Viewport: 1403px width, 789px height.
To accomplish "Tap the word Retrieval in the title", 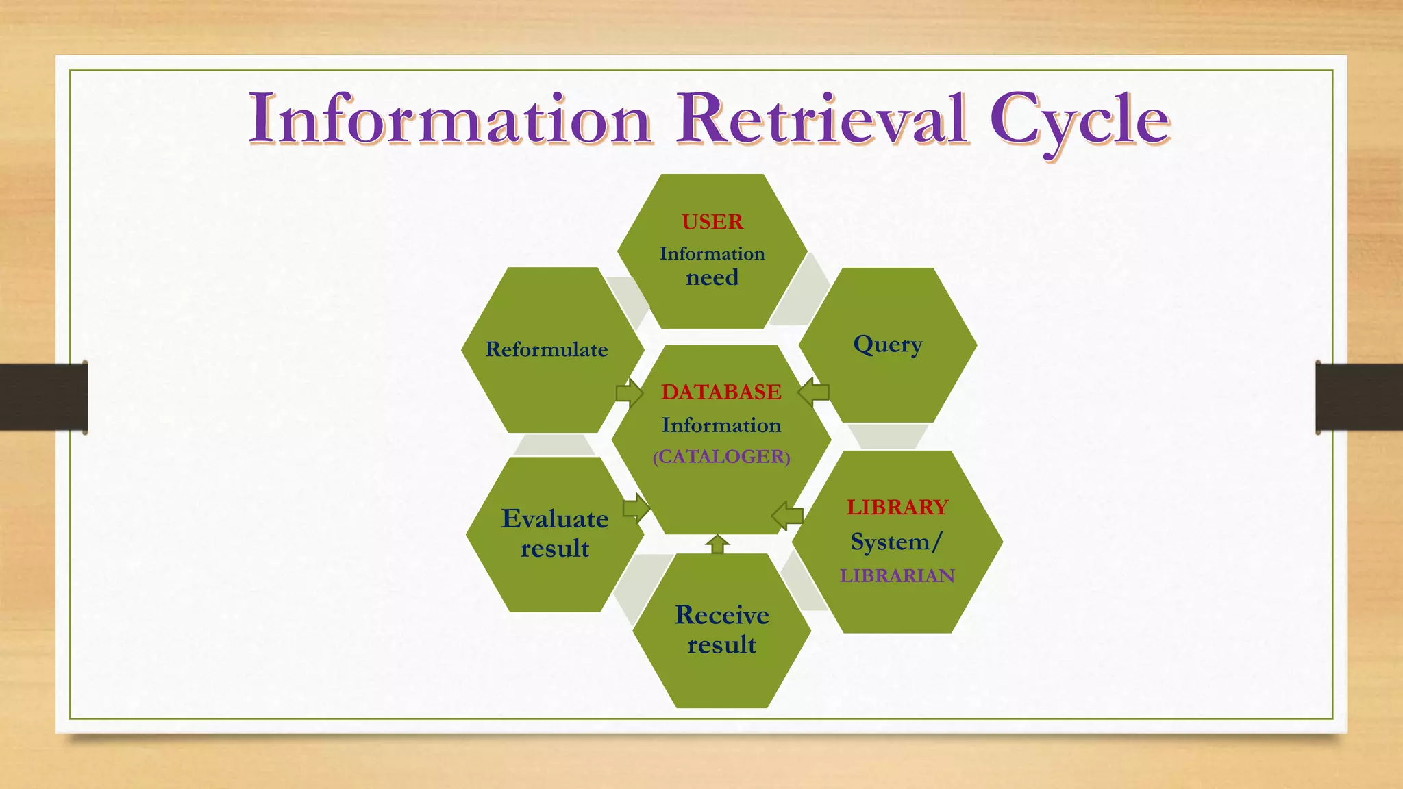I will [x=822, y=120].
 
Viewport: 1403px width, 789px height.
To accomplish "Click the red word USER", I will [x=712, y=222].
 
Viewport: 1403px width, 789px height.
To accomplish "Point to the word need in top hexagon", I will [x=712, y=278].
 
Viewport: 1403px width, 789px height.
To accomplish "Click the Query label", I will [x=888, y=345].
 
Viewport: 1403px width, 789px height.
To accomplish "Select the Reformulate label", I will [x=547, y=350].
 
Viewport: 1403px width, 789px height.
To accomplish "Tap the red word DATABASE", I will [x=721, y=392].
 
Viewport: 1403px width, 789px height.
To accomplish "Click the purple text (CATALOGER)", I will [x=721, y=457].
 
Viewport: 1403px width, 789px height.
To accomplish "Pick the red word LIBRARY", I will [x=897, y=508].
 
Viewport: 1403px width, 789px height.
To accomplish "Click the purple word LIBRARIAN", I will [x=897, y=576].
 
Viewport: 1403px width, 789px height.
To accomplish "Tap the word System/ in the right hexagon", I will [x=897, y=542].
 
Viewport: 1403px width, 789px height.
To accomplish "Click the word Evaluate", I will [x=555, y=519].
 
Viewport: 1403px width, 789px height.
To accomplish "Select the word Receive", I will [x=722, y=615].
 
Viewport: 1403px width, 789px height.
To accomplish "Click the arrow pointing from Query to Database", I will [x=814, y=392].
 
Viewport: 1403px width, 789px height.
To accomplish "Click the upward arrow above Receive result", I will [x=717, y=544].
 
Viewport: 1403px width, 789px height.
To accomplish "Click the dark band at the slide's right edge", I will [x=1359, y=397].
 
